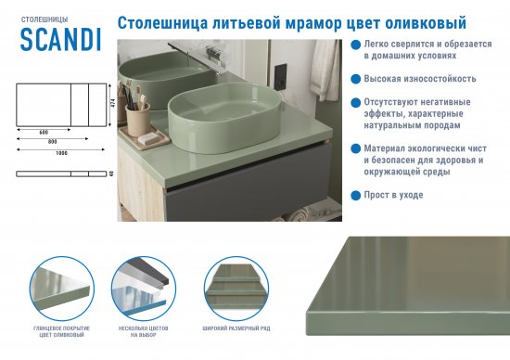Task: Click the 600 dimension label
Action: (x=45, y=133)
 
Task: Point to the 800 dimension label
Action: (x=53, y=142)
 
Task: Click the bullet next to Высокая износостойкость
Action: (x=343, y=79)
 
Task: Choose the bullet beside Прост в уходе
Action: (x=343, y=195)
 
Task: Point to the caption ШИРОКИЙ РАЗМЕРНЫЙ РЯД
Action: (x=234, y=329)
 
